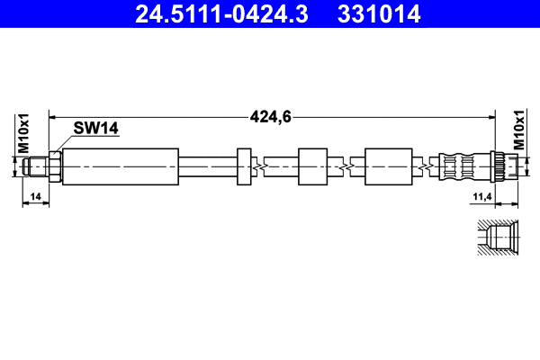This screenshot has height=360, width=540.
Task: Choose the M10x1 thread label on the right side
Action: (519, 132)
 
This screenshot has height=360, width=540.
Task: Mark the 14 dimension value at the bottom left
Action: (36, 195)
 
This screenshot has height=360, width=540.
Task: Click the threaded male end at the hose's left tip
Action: (37, 166)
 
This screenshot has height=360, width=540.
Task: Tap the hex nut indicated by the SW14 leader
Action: (55, 166)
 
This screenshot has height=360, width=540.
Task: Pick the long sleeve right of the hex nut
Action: (120, 166)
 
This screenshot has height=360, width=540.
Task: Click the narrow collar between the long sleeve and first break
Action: (244, 166)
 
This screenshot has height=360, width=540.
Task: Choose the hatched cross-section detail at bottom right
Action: (496, 238)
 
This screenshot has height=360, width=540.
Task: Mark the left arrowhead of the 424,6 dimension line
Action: (53, 116)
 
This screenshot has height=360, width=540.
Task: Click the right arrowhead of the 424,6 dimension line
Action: (491, 116)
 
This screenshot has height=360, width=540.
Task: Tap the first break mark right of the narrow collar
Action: (259, 166)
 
